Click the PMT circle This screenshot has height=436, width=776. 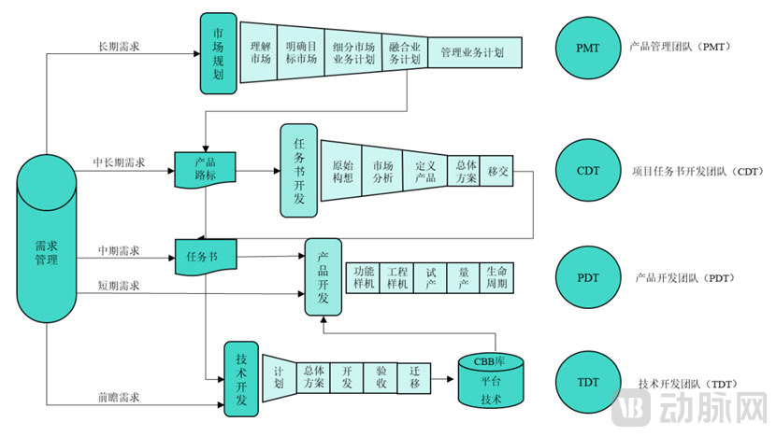click(x=589, y=46)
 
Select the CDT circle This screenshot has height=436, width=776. click(x=589, y=171)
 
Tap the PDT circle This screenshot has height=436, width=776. click(x=589, y=277)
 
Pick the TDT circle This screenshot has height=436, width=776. click(x=589, y=383)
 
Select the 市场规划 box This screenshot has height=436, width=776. click(x=218, y=53)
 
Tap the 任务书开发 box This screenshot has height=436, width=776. click(x=299, y=171)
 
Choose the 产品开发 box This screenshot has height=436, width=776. click(x=323, y=276)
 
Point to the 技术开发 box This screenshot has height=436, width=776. click(x=240, y=379)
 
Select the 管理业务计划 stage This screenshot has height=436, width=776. click(x=472, y=53)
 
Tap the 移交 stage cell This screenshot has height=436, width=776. click(x=496, y=171)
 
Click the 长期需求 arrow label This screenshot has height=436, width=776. click(x=119, y=47)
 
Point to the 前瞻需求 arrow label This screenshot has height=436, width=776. click(x=119, y=398)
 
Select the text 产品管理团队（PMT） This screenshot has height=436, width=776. click(x=680, y=46)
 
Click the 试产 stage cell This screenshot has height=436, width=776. click(x=431, y=277)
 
